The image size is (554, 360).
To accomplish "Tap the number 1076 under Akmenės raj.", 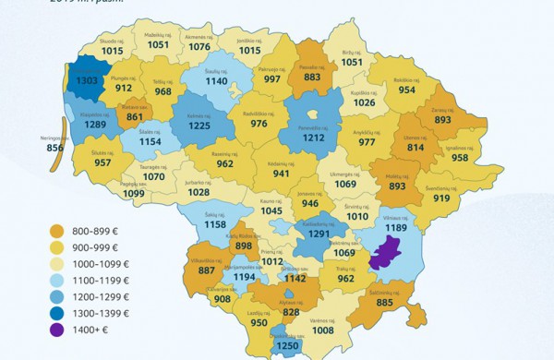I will pos(199,46).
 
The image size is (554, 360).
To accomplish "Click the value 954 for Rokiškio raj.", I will pos(407,90).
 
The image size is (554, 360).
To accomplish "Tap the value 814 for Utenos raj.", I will pos(415,148).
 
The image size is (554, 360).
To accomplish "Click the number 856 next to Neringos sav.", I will pos(55,149).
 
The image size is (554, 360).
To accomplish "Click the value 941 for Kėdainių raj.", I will pos(281,174).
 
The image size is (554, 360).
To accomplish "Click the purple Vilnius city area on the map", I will pos(385,251).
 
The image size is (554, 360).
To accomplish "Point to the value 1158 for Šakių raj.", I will pos(216,225).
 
